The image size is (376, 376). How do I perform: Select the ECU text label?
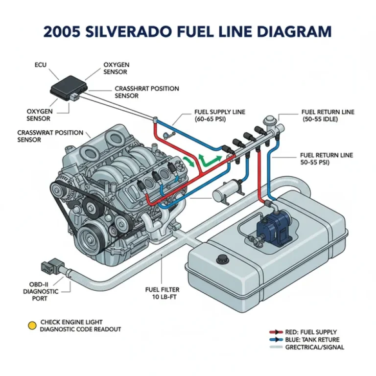coord(41,65)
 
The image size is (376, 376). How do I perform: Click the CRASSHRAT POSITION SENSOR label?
coord(147,92)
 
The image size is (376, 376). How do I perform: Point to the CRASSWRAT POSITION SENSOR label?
coord(47,136)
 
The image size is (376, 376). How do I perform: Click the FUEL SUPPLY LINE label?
coord(220,112)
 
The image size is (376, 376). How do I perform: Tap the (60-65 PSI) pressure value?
coord(211,119)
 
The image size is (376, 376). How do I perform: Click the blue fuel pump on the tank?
coord(275,227)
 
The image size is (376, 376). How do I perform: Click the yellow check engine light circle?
coord(32,325)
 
